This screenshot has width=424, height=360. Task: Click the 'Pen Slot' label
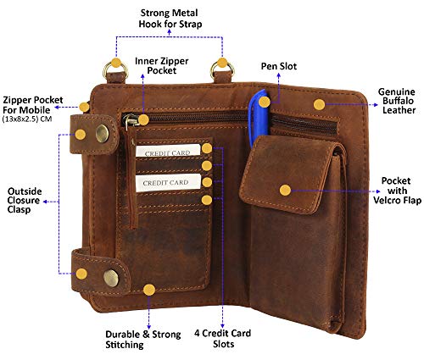click(x=279, y=66)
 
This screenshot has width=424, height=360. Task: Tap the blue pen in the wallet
click(x=258, y=119)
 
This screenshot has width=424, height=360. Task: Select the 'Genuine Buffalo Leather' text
click(x=398, y=101)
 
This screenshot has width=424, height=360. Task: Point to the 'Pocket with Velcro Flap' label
click(x=397, y=191)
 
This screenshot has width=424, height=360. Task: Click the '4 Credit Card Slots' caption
click(x=223, y=339)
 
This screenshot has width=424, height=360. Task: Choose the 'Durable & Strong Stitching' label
click(x=143, y=340)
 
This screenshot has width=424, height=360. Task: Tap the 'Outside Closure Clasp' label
click(x=25, y=201)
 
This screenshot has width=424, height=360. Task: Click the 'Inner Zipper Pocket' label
click(x=162, y=66)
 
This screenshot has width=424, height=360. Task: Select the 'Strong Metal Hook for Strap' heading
click(x=170, y=19)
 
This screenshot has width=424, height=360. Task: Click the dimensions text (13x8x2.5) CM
click(x=27, y=119)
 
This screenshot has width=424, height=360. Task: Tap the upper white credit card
click(x=168, y=151)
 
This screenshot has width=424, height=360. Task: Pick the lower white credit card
click(x=168, y=183)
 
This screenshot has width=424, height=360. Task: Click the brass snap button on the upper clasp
click(x=102, y=133)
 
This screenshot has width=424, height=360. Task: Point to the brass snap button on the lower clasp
click(x=111, y=278)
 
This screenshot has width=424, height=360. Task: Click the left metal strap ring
click(x=115, y=70)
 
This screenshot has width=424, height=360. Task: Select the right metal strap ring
click(x=222, y=69)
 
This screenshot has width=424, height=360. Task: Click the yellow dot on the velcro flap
click(x=285, y=191)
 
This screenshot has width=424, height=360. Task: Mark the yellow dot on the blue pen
click(x=265, y=102)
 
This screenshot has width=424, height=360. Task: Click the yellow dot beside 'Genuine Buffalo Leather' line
click(x=319, y=105)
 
